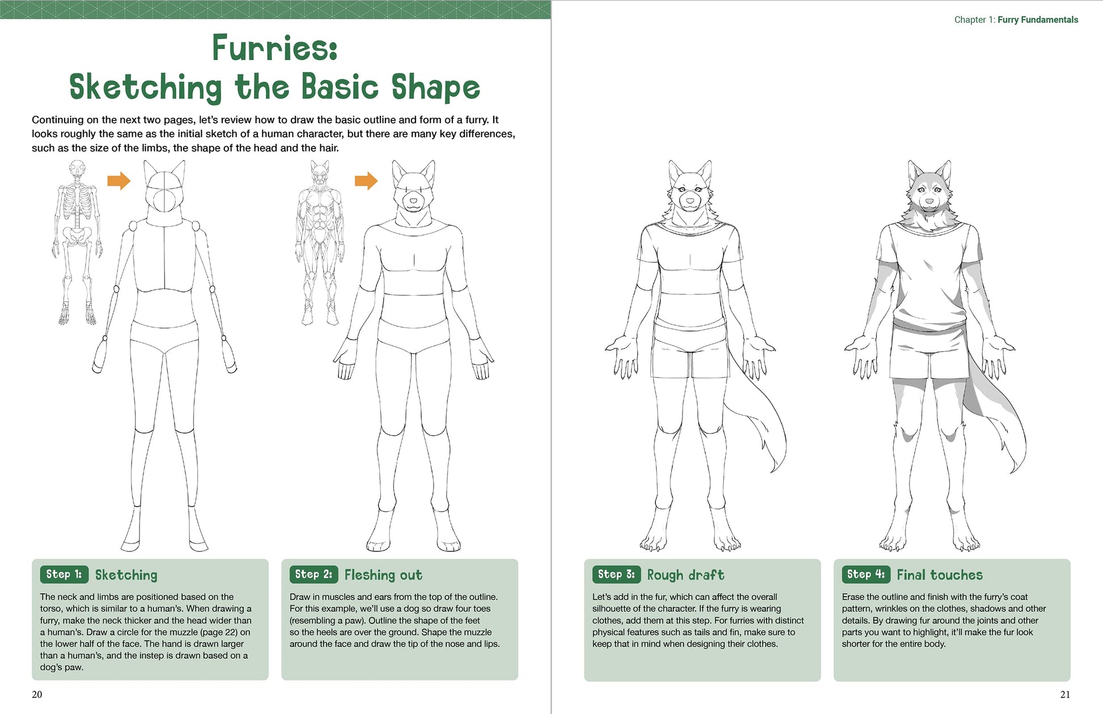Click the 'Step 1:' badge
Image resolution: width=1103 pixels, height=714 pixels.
[x=64, y=574]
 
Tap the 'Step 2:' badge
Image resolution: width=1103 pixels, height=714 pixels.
[x=313, y=574]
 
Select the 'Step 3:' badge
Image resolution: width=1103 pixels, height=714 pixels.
[x=616, y=574]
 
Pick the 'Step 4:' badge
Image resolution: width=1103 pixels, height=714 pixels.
[x=866, y=574]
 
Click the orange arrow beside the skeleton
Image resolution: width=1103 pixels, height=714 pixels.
[x=119, y=181]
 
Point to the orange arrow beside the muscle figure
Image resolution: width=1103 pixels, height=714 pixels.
[x=366, y=181]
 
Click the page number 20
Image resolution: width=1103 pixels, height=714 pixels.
[x=37, y=694]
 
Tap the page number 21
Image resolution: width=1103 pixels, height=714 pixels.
[x=1065, y=694]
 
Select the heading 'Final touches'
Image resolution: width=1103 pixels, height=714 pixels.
[x=939, y=575]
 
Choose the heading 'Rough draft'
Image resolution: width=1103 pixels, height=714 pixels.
[x=685, y=575]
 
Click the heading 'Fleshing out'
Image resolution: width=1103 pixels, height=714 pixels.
[x=383, y=575]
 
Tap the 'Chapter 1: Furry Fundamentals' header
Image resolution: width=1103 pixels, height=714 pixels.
[x=1016, y=20]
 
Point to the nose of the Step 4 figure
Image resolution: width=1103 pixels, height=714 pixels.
[x=929, y=201]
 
